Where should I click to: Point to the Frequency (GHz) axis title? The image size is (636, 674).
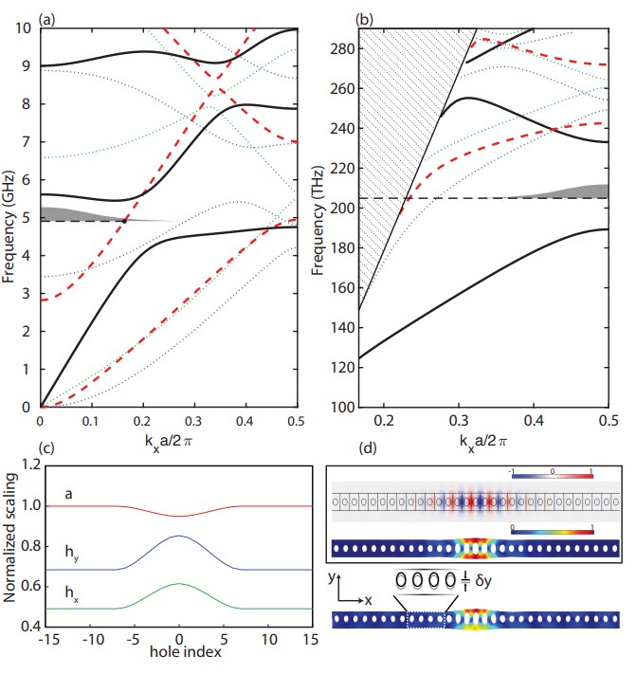(10, 217)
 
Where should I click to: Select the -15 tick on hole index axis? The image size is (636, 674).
(42, 641)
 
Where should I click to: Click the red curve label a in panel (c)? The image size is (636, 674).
(69, 494)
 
